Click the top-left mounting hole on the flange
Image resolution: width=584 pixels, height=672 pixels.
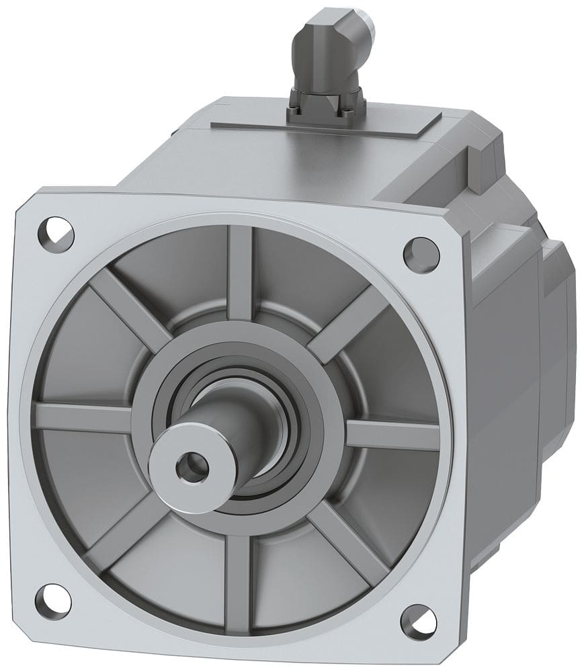click(54, 228)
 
